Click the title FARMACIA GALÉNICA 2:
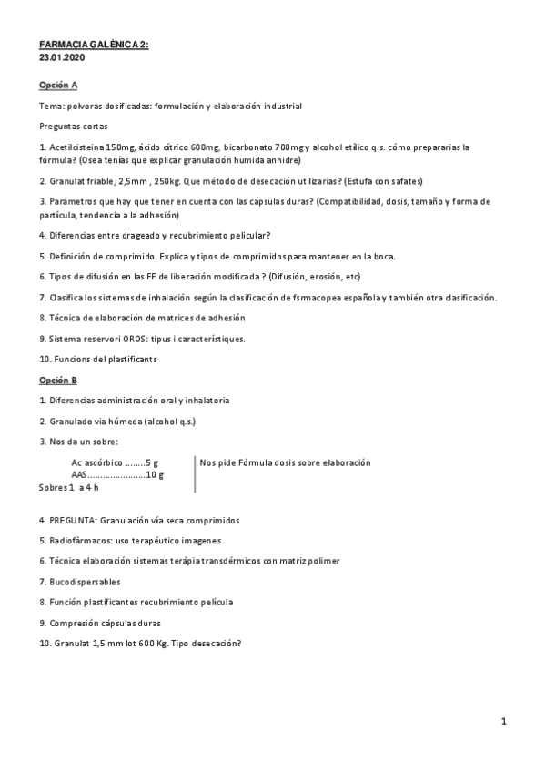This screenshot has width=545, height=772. (x=94, y=43)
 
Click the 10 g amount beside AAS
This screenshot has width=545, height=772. (x=156, y=474)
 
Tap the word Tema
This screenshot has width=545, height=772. (x=51, y=107)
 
